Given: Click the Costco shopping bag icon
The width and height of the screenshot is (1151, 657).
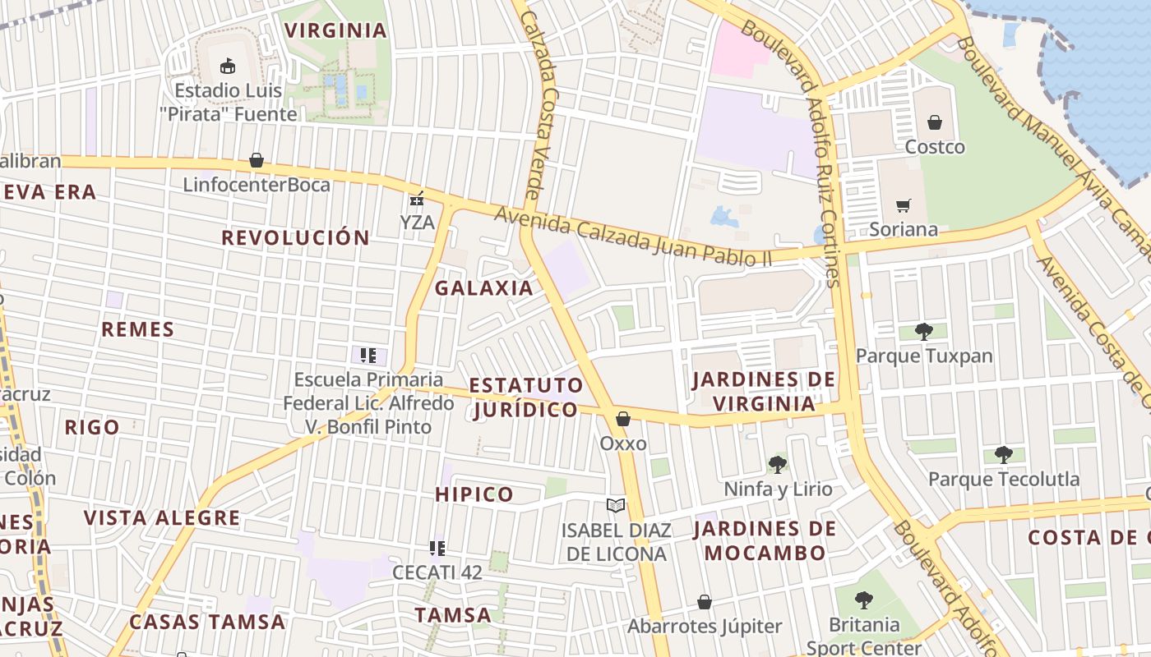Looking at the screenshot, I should click(x=935, y=123).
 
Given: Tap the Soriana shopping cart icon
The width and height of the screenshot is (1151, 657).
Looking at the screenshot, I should click(x=904, y=205).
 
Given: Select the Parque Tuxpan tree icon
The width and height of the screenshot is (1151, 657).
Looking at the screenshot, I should click(x=924, y=332).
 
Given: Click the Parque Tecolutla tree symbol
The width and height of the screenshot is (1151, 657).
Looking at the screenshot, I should click(x=1003, y=454).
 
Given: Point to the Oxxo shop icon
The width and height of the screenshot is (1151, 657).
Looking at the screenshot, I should click(x=623, y=420).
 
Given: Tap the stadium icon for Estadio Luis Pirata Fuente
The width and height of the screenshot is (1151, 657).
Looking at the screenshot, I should click(x=228, y=67).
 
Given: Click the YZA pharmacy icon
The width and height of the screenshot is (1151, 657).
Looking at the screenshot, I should click(x=417, y=199).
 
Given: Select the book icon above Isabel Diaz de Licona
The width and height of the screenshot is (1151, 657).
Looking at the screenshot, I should click(x=616, y=506).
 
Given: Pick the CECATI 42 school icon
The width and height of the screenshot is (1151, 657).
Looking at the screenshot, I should click(x=437, y=548).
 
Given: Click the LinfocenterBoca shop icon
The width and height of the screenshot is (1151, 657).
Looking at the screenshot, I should click(x=257, y=160).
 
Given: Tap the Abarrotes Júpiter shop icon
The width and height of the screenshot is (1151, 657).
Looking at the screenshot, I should click(x=705, y=602).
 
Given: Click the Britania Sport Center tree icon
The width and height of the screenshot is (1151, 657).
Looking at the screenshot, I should click(x=863, y=600).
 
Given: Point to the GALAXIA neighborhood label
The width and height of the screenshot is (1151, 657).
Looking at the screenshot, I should click(x=483, y=288).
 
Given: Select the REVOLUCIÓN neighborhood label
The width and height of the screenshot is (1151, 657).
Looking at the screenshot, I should click(x=295, y=237).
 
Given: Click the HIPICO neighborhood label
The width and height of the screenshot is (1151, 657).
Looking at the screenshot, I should click(x=474, y=494).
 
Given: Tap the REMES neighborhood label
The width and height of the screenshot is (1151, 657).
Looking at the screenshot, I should click(x=137, y=329).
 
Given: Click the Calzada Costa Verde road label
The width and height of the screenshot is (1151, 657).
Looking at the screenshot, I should click(x=535, y=103).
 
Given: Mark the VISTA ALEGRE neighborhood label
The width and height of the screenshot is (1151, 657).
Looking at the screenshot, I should click(x=162, y=518).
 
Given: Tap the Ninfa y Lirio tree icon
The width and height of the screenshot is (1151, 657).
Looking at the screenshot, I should click(x=778, y=465).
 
